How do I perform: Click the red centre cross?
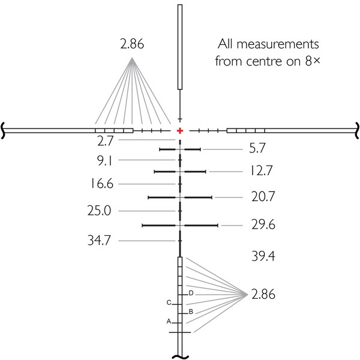180,131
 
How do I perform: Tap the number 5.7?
257,148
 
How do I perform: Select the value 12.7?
261,170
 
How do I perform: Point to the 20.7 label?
263,197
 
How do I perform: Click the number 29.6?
263,224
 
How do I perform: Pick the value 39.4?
263,256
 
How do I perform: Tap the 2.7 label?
106,141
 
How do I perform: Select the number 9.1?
104,161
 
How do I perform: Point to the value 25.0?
99,211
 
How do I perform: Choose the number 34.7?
99,241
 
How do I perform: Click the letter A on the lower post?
169,322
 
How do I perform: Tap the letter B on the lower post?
191,312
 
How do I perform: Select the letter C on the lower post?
169,302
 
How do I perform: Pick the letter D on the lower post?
191,293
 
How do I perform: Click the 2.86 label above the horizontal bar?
132,44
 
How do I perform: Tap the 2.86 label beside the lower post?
263,294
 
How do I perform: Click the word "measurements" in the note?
278,44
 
